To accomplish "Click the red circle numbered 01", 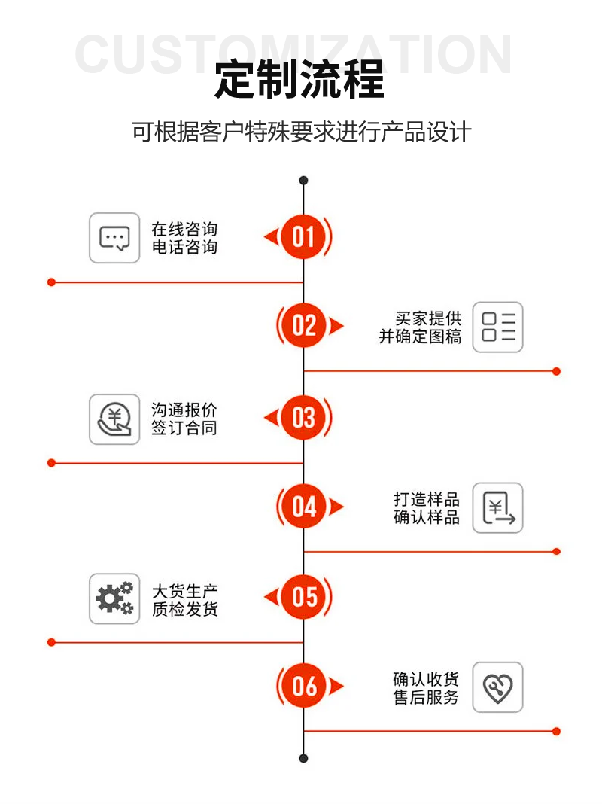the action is click(x=303, y=236).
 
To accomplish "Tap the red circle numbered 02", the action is click(x=304, y=325).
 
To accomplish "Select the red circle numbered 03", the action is click(x=303, y=417).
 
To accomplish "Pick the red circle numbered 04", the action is click(x=304, y=506).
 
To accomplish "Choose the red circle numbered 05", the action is click(x=303, y=597).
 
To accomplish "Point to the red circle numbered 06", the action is click(x=304, y=686).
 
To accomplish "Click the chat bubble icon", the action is click(x=114, y=238).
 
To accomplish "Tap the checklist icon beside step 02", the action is click(x=497, y=327).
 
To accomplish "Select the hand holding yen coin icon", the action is click(x=114, y=419).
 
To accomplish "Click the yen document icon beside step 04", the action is click(x=497, y=507).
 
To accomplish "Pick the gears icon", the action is click(x=114, y=599).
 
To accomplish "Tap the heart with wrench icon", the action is click(x=497, y=687).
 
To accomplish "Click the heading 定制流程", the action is click(x=299, y=79).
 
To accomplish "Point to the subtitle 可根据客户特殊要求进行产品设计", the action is click(x=301, y=132).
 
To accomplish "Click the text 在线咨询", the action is click(x=184, y=229).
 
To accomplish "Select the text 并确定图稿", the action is click(x=420, y=337).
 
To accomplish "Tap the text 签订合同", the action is click(x=184, y=428).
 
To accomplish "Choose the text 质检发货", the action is click(x=185, y=608).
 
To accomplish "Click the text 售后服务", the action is click(x=426, y=697).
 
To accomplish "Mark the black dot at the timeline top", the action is click(x=303, y=181).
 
